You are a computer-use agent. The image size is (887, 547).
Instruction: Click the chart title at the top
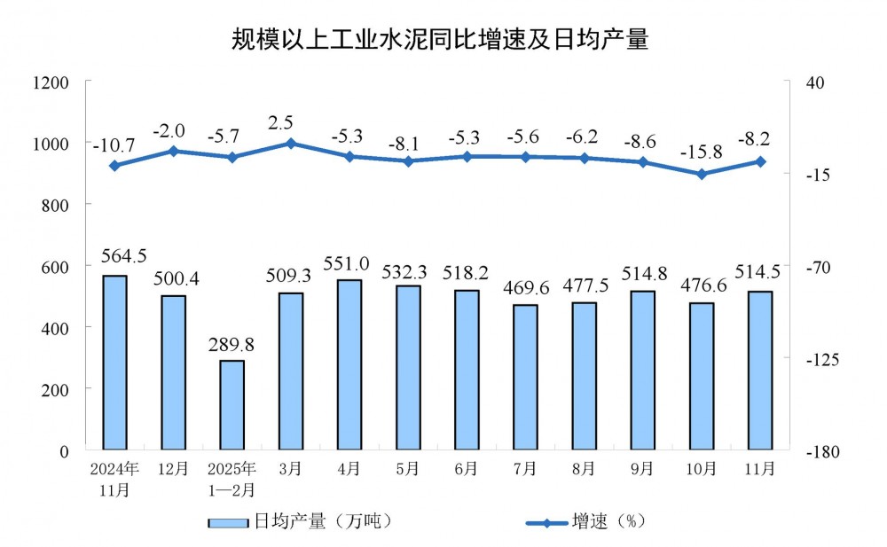click(x=440, y=40)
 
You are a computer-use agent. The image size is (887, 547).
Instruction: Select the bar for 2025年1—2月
click(x=232, y=405)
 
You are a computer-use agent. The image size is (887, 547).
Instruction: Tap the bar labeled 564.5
click(x=114, y=363)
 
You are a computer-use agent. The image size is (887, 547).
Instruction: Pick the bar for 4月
click(x=349, y=365)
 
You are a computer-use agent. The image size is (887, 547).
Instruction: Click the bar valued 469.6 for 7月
click(x=525, y=378)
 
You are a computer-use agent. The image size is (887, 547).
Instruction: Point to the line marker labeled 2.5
click(x=291, y=143)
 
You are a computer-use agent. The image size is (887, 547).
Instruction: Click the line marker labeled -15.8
click(x=702, y=174)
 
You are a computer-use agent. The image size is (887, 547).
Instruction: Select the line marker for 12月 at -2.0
click(x=173, y=151)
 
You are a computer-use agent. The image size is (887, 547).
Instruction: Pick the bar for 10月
click(x=702, y=377)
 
